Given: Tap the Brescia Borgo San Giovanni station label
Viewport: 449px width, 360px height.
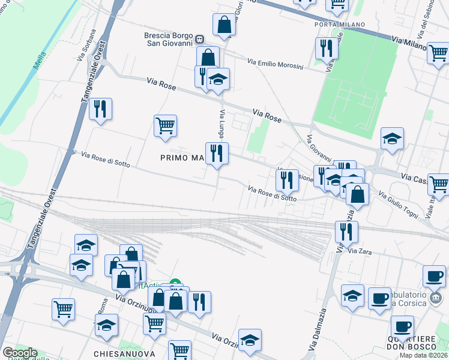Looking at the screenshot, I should coord(168,39).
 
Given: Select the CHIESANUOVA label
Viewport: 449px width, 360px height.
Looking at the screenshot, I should coord(124,354).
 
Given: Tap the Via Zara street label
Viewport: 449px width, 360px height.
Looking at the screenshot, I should coord(361,251).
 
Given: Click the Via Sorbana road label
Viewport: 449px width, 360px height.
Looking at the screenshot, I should coord(86,45).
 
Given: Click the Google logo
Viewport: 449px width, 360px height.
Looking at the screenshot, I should coord(19,353).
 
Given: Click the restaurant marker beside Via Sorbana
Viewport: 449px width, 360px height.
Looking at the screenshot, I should coord(100,109).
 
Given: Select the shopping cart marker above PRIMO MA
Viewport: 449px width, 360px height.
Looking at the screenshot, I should coord(165,126).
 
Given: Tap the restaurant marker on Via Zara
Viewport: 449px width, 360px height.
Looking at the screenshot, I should coord(346,232).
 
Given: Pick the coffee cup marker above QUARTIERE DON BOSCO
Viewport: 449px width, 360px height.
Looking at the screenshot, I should coord(402,326).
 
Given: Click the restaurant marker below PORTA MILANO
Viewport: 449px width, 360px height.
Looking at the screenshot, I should coord(327,48).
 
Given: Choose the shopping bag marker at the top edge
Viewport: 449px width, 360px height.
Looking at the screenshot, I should coord(224,25).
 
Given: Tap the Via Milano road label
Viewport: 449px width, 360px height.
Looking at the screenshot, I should coord(409,43).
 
